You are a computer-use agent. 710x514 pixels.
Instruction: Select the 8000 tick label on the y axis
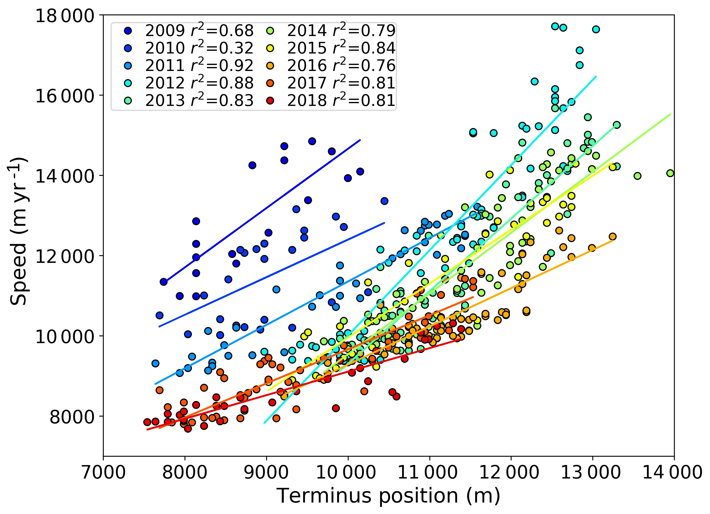[72, 417]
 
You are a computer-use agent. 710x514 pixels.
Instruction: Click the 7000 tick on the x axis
[103, 472]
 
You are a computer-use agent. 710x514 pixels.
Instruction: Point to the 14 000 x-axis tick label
[673, 472]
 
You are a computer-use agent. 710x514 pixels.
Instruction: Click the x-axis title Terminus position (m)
[388, 496]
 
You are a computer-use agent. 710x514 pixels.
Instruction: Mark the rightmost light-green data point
[670, 173]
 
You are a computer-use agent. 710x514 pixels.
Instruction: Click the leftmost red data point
[147, 422]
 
